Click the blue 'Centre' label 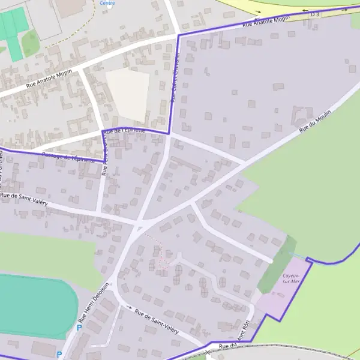click(x=107, y=3)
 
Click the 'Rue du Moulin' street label click(x=315, y=122)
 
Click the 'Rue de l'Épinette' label click(x=125, y=130)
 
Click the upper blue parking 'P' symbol click(x=79, y=328)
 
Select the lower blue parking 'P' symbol click(x=59, y=355)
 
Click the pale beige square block click(x=128, y=93)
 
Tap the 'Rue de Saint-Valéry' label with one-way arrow click(x=157, y=321)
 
